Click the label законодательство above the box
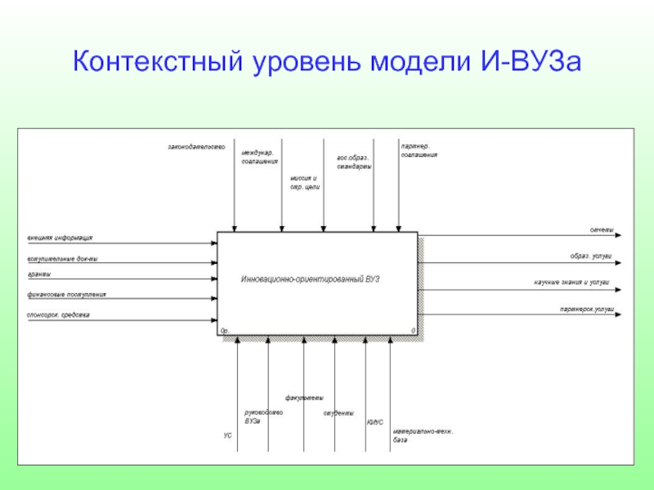pos(196,147)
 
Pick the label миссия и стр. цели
pos(304,183)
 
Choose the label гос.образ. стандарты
pos(354,163)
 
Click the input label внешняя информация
pos(60,238)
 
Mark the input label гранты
pos(39,274)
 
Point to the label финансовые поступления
pos(66,294)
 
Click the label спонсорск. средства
pos(58,314)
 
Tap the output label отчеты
pos(602,230)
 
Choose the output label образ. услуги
pos(590,256)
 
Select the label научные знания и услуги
pos(572,283)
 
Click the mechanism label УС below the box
pos(228,436)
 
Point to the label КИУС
pos(374,422)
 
